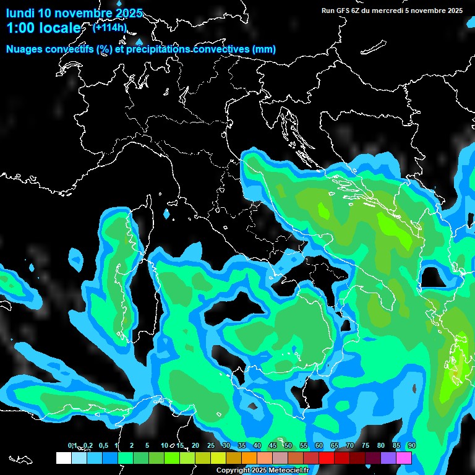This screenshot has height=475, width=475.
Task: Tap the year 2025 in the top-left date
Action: click(128, 13)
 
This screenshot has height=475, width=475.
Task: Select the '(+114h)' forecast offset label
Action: click(109, 27)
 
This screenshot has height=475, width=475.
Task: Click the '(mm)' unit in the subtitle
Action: click(263, 49)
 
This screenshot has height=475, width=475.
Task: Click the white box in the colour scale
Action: click(63, 458)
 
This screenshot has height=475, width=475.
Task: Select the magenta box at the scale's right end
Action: click(404, 458)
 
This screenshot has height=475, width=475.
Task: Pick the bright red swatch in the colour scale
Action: click(327, 458)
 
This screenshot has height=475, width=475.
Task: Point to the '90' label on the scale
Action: click(411, 445)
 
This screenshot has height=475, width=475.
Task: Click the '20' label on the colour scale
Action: click(195, 445)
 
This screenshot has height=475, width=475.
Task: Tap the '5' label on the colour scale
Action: click(147, 445)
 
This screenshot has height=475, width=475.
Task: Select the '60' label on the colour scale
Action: click(319, 445)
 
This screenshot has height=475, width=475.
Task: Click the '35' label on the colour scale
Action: click(241, 445)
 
